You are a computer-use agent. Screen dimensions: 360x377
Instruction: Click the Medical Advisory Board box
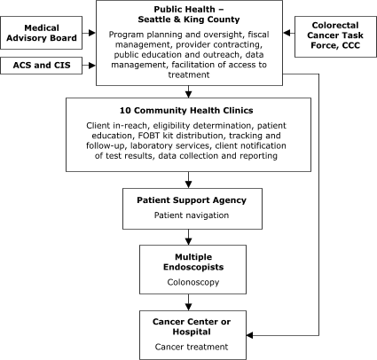[43, 35]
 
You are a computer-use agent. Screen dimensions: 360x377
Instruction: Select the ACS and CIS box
[43, 65]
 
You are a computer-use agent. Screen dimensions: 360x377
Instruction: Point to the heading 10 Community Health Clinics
[188, 111]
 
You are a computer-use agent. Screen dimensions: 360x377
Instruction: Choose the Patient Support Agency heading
[186, 200]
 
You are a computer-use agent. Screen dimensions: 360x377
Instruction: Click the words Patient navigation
[186, 215]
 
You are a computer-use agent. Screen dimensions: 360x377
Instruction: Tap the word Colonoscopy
[186, 283]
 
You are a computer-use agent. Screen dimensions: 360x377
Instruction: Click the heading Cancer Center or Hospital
[186, 325]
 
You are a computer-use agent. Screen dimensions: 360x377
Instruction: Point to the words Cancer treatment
[186, 347]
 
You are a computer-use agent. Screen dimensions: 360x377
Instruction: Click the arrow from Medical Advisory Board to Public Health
[89, 35]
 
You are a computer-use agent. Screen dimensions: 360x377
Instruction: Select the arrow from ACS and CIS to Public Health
[89, 65]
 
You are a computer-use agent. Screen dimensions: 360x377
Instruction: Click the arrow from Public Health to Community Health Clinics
[187, 91]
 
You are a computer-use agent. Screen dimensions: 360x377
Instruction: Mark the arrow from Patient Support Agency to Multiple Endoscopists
[187, 237]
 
